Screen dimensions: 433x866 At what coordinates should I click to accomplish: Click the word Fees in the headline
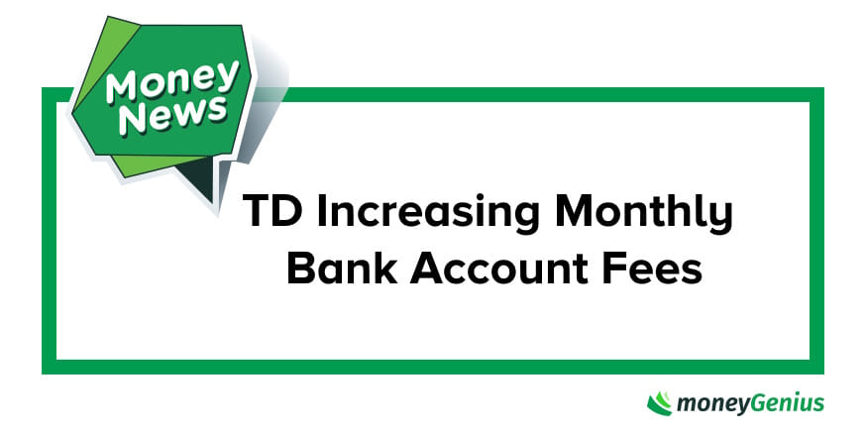(655, 269)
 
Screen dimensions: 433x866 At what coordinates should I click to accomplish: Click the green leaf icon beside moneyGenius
(660, 403)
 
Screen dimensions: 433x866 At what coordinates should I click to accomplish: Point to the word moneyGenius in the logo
(750, 403)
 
